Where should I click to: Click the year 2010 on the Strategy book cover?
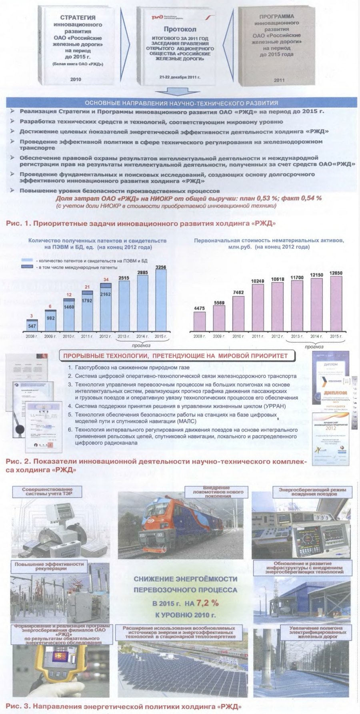coord(76,79)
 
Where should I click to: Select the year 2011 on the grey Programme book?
coord(279,80)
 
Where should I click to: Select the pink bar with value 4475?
coord(199,321)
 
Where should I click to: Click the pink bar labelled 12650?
coord(336,304)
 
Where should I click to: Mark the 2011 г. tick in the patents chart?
coord(87,336)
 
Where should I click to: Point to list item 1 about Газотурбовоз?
coord(129,367)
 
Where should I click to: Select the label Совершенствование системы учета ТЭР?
coord(47,491)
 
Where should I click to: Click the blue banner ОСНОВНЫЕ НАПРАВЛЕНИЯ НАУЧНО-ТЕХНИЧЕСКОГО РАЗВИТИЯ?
coord(181,103)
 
